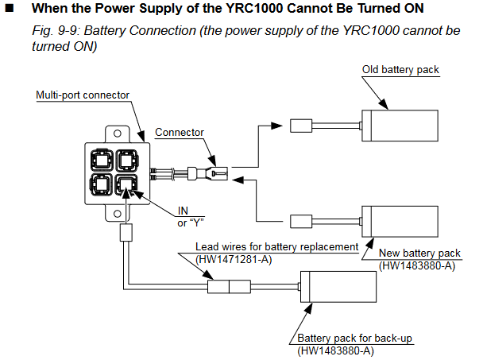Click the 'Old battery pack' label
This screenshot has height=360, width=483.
point(401,70)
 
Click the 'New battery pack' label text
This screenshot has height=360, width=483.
point(419,254)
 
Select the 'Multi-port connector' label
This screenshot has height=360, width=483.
point(83,95)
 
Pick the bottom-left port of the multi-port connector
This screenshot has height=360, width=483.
point(102,188)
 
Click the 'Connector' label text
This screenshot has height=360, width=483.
point(179,132)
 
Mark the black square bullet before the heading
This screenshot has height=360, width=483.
point(10,9)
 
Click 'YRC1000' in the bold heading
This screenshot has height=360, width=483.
point(225,9)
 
